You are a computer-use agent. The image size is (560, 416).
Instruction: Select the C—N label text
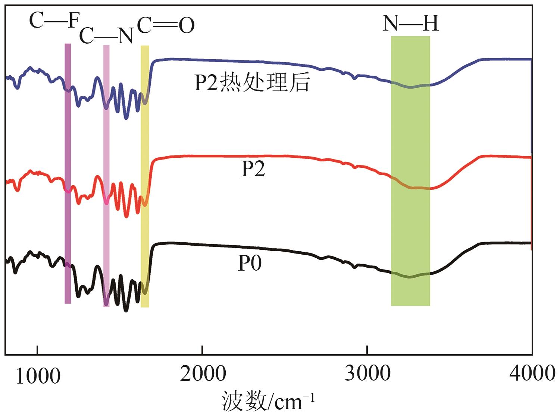tap(106, 36)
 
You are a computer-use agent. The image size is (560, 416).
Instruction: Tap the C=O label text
tap(166, 25)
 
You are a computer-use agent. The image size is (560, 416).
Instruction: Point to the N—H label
tap(410, 23)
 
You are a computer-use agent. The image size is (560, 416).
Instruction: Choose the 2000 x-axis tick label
tap(203, 374)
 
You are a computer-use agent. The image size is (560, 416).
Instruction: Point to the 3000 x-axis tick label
tap(367, 374)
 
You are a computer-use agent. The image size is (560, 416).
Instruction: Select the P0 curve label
tap(250, 263)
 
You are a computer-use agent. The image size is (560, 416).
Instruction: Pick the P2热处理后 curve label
tap(252, 82)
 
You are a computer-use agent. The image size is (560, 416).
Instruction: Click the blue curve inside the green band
tap(410, 87)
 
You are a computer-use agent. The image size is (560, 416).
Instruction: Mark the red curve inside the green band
tap(410, 187)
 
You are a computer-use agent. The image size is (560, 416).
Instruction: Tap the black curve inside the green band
tap(410, 277)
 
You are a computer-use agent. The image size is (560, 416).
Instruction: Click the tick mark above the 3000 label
tap(367, 350)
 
